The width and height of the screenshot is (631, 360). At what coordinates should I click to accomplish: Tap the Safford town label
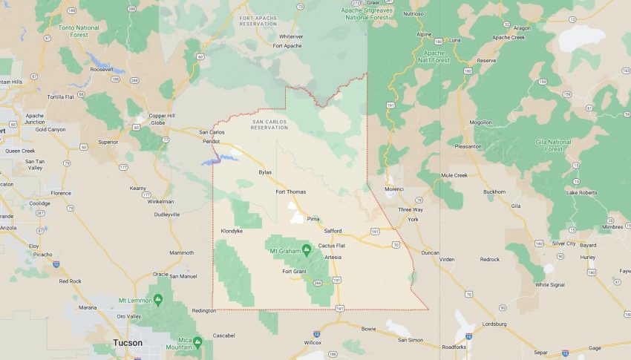(x=333, y=231)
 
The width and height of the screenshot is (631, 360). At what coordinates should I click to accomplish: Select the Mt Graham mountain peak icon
(x=306, y=249)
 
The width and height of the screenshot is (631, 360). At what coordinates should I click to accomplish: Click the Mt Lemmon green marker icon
(x=158, y=300)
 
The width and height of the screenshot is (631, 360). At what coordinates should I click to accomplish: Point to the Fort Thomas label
(x=290, y=192)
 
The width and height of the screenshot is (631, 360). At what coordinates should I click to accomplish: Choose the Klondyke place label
(x=232, y=231)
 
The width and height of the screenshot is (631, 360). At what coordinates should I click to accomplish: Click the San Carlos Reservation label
(x=269, y=125)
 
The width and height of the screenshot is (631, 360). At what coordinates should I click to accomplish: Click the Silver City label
(x=563, y=243)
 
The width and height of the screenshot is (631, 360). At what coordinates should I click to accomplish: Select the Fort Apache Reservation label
(x=258, y=21)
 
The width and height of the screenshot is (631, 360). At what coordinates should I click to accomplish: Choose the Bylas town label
(x=265, y=172)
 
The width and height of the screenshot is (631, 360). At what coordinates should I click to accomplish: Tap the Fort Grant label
(x=294, y=271)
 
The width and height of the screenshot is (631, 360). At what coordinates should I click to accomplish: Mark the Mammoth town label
(x=181, y=253)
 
